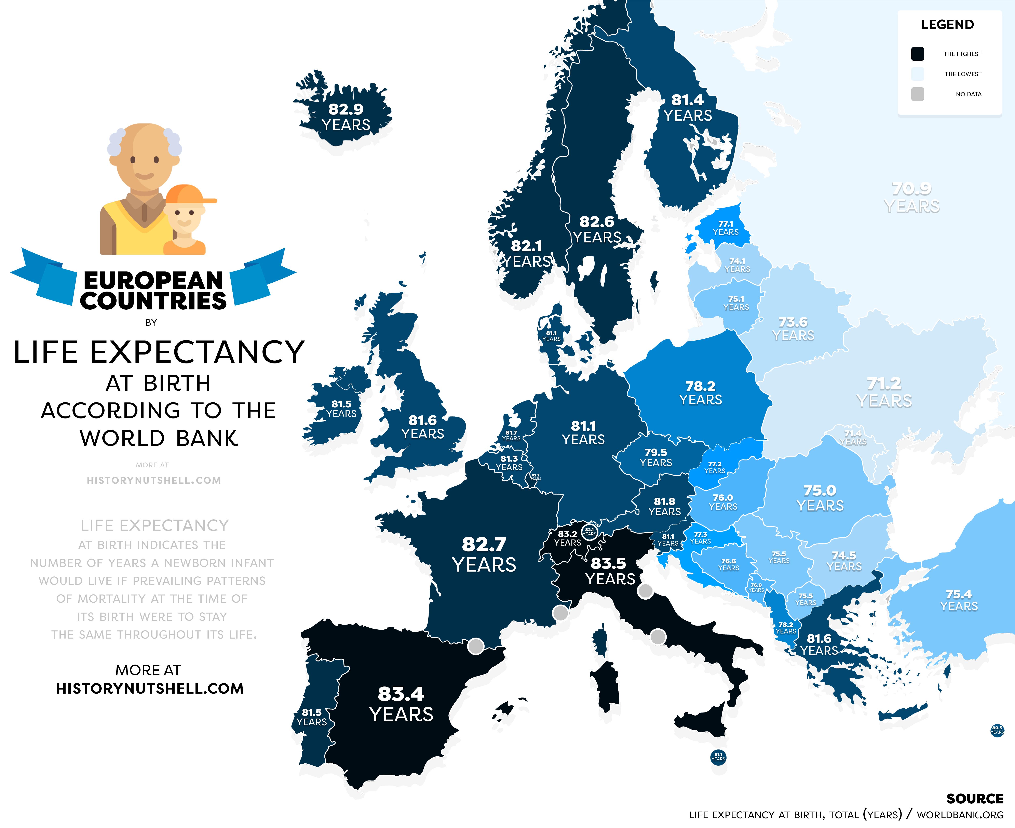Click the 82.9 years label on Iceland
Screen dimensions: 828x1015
(x=346, y=117)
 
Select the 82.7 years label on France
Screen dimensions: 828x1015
(x=484, y=554)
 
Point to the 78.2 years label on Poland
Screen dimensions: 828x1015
(x=700, y=392)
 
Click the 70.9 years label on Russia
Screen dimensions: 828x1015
(x=911, y=197)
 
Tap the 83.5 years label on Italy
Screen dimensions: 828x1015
(x=610, y=571)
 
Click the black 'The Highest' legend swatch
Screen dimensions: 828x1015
(x=917, y=54)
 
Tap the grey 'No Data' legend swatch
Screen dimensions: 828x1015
(x=917, y=94)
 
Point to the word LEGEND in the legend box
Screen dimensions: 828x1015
(x=947, y=25)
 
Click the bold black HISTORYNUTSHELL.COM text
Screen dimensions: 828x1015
(x=150, y=688)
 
